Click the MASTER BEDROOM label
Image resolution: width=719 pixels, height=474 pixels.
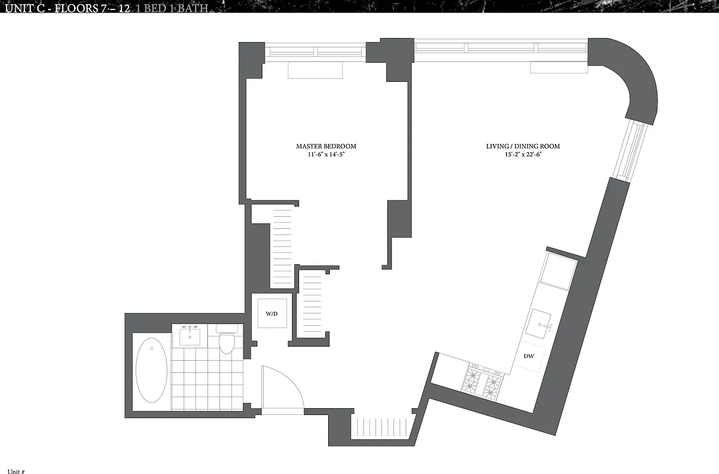pos(326,146)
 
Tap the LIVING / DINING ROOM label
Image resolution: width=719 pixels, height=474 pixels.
pos(523,146)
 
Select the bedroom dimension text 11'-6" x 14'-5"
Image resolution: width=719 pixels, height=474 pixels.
pos(326,155)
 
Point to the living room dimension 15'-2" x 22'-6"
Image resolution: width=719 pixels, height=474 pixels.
pos(523,155)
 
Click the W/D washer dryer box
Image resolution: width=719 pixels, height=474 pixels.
pos(271,313)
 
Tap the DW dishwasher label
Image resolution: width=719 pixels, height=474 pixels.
pos(529,356)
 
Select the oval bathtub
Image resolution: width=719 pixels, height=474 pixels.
pos(151,370)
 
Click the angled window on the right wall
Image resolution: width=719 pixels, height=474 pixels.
pos(630,149)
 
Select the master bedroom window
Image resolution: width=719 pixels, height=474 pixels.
pos(315,52)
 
